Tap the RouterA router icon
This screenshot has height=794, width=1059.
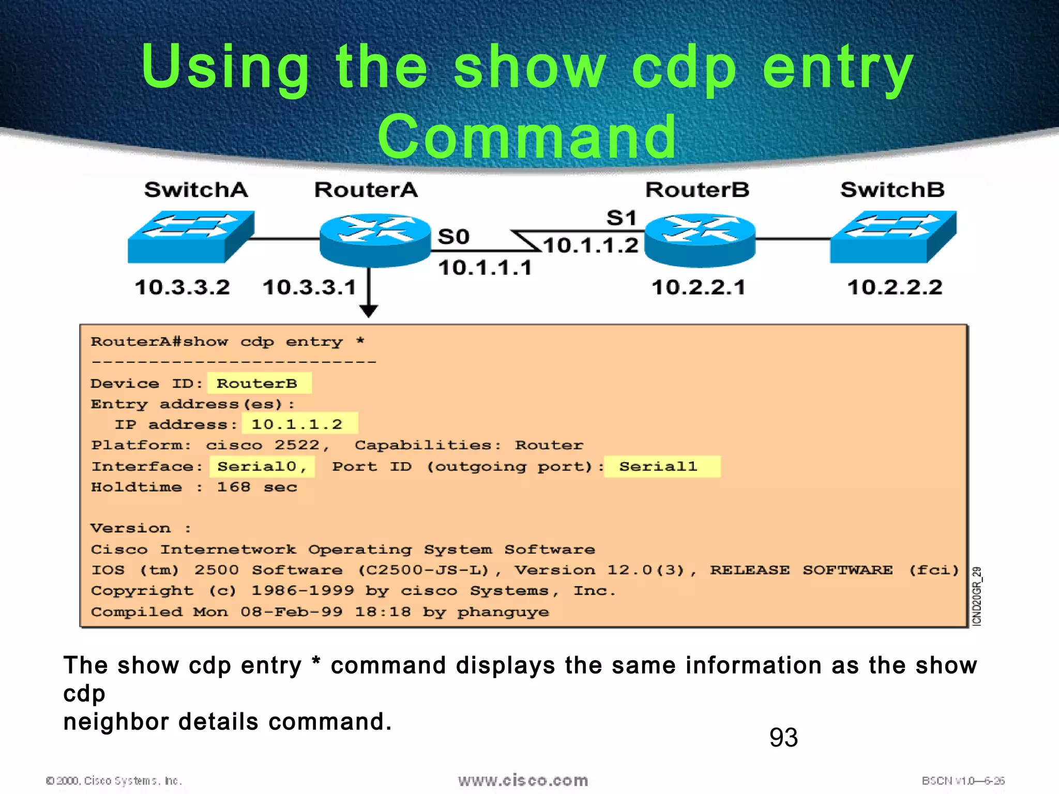pos(375,240)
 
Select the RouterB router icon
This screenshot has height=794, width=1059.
pos(700,240)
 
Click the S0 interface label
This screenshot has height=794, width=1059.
pos(453,237)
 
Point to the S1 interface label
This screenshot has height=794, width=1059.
pos(621,218)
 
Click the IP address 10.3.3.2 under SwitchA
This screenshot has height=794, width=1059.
pos(182,287)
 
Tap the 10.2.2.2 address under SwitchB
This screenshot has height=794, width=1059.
pos(895,287)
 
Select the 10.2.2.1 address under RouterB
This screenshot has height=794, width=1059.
pos(698,287)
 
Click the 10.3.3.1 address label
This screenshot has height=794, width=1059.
pos(309,287)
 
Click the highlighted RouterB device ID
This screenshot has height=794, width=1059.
pos(257,384)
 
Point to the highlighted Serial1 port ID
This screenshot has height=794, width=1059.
pos(658,467)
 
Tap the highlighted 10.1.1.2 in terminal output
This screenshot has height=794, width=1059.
pos(297,425)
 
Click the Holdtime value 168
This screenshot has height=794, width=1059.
pos(233,487)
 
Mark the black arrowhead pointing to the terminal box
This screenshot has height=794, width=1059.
pos(369,311)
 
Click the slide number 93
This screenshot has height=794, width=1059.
pos(783,738)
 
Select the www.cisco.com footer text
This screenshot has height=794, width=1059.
pos(523,780)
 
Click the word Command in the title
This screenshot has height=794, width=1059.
pos(527,137)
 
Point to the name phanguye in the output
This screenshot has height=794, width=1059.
pos(503,613)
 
